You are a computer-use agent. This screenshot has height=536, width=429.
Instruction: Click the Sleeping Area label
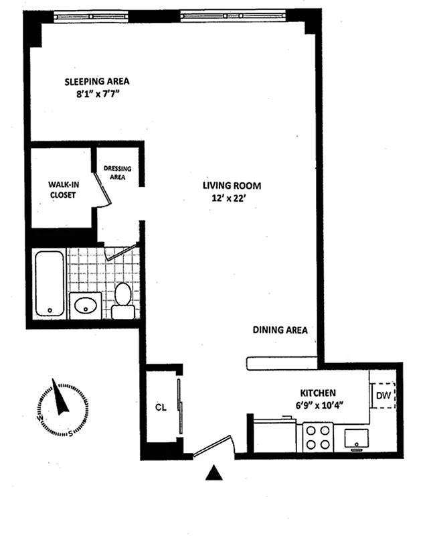point(96,81)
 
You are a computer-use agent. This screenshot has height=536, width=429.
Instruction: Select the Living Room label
point(232,186)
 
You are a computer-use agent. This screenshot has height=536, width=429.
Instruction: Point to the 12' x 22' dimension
point(232,198)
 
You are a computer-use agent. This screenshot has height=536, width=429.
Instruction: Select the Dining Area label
point(280,330)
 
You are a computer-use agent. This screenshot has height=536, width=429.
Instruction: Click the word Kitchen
point(318,393)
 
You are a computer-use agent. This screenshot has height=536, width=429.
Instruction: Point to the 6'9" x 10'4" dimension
point(318,406)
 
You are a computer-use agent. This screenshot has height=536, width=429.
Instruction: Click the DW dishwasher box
point(383,395)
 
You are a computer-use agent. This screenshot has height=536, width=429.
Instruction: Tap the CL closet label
point(160,407)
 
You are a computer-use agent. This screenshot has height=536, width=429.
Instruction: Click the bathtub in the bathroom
point(50,283)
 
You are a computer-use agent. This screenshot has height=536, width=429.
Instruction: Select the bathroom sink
point(86,307)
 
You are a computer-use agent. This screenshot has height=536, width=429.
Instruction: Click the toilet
point(122,301)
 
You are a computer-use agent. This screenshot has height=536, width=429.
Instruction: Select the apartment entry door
point(213,448)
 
